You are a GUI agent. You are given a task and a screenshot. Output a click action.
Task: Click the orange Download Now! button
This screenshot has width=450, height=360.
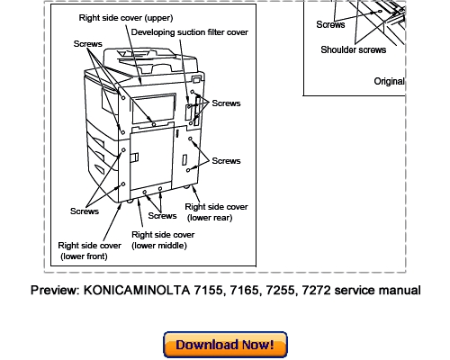pos(225,345)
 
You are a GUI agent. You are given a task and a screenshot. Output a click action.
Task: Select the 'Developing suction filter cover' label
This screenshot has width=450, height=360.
pos(190,31)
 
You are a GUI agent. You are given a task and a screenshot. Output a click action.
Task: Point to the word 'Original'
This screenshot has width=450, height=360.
pos(389,81)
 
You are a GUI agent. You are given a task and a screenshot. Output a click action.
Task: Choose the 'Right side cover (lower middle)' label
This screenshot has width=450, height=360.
pos(162,239)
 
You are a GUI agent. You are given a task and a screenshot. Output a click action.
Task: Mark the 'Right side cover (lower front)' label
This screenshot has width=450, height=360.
pos(89,250)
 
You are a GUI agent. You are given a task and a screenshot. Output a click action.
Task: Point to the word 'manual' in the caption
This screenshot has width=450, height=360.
pos(400,291)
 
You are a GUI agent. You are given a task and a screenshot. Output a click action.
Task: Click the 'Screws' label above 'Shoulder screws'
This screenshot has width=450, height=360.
pos(330,24)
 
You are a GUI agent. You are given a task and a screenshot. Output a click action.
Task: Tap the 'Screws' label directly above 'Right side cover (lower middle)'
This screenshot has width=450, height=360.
pos(163,216)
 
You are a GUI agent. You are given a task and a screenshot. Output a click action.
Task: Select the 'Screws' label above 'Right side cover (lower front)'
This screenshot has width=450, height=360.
pos(85,211)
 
